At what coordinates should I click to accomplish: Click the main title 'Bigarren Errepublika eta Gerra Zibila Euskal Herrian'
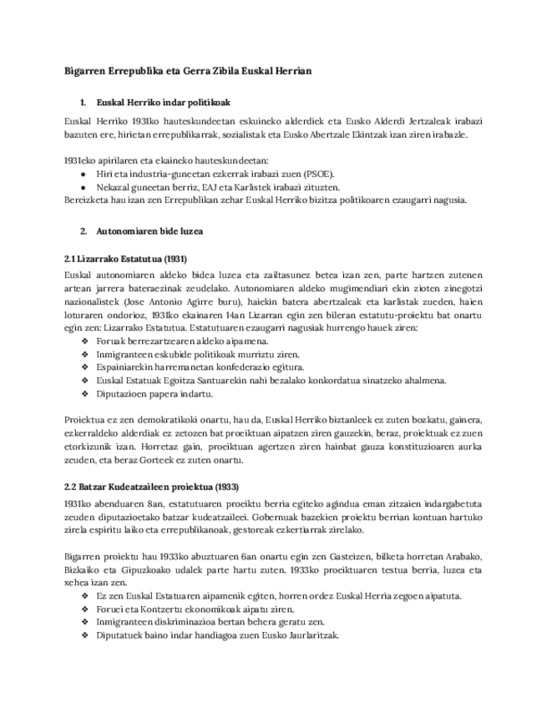[188, 71]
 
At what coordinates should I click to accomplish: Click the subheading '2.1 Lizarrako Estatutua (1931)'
[126, 259]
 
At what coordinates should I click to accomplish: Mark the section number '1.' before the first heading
[84, 103]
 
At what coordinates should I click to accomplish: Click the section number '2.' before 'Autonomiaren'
[84, 230]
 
